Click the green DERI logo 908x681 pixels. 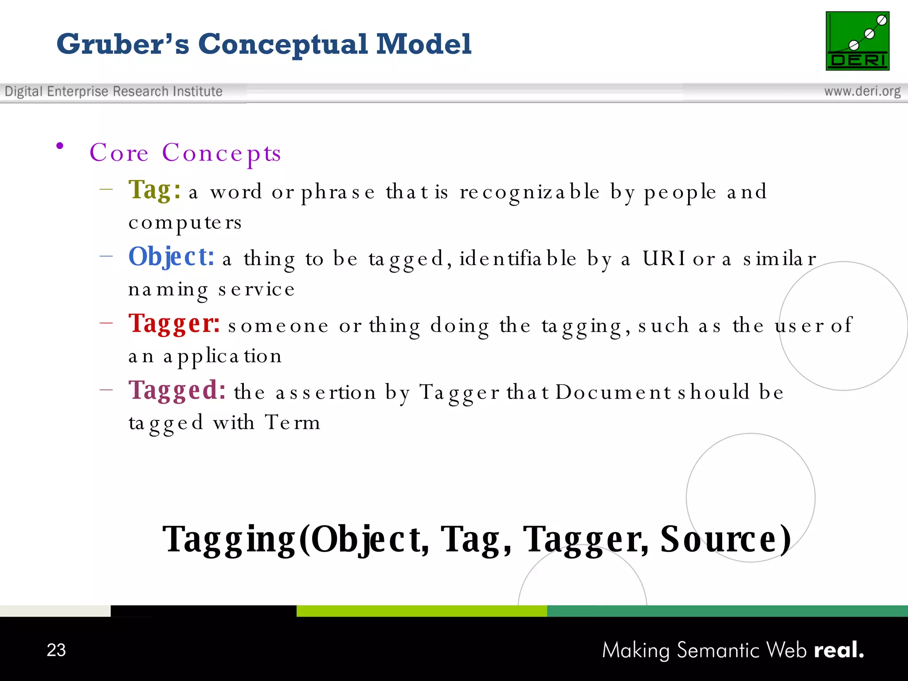click(x=857, y=41)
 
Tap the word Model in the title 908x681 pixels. click(x=423, y=44)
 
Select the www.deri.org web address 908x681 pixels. click(x=862, y=91)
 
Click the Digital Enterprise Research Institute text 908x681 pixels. click(x=113, y=91)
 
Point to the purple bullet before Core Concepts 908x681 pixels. click(x=60, y=146)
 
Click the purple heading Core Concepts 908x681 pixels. click(x=185, y=153)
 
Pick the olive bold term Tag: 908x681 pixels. click(x=154, y=190)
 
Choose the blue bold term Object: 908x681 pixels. click(x=171, y=257)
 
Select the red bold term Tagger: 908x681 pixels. click(x=174, y=323)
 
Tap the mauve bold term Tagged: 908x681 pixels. click(x=177, y=390)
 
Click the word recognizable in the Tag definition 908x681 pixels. click(x=529, y=192)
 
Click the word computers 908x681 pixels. click(x=185, y=223)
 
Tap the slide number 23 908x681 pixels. click(x=56, y=650)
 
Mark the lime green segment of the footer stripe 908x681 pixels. click(x=421, y=611)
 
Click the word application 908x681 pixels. click(x=222, y=356)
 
